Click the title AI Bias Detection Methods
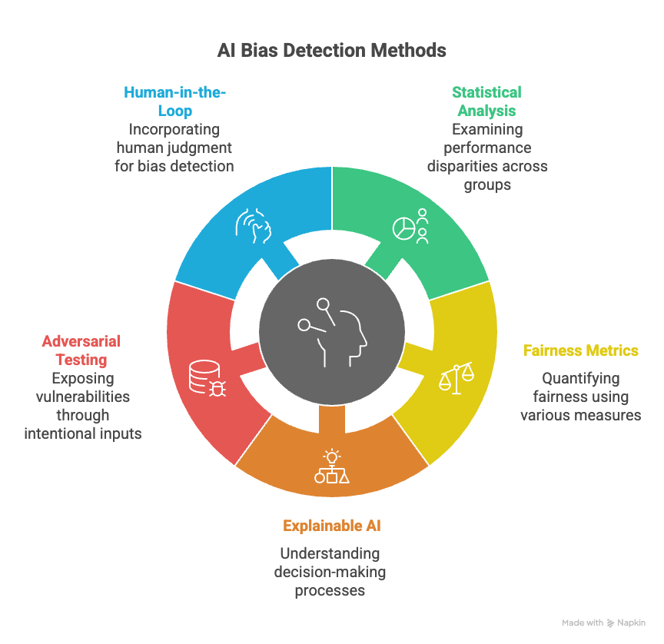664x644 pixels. (x=331, y=51)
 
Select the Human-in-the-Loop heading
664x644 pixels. (x=175, y=101)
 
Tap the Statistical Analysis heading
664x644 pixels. (x=487, y=101)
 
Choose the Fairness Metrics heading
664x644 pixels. (x=580, y=350)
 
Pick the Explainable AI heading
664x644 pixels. (x=331, y=526)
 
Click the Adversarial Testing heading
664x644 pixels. (x=81, y=350)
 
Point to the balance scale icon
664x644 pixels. (x=456, y=378)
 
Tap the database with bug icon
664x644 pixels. (x=207, y=378)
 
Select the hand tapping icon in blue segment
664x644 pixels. (x=254, y=226)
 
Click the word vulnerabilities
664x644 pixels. (x=83, y=397)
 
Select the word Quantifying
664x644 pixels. (x=580, y=379)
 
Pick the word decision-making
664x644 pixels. (x=330, y=572)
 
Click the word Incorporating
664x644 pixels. (x=174, y=130)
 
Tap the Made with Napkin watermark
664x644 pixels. (x=603, y=622)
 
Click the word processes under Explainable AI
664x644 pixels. (x=330, y=591)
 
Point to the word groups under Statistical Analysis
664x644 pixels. (x=487, y=185)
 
